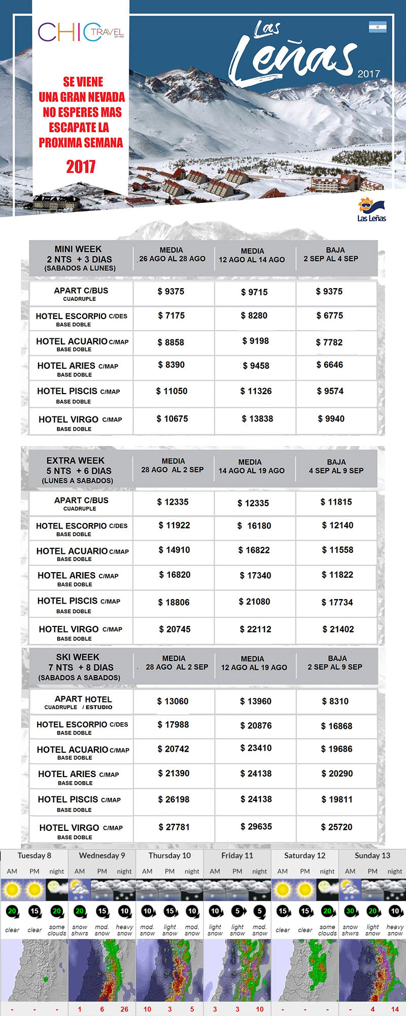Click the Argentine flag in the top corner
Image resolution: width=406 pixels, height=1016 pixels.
(x=378, y=27)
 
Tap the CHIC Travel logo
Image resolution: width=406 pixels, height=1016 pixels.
(x=81, y=32)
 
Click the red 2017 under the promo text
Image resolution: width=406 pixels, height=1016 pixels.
(x=81, y=166)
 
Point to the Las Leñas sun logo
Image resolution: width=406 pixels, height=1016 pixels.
(x=371, y=209)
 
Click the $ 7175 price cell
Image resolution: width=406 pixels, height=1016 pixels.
(x=172, y=316)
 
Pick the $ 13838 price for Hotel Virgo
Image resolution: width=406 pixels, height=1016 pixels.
(x=257, y=418)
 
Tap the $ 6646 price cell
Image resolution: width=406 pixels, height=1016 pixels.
(x=330, y=365)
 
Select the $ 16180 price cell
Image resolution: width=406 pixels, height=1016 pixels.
(x=255, y=525)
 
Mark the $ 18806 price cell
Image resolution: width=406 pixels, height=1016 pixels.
(x=174, y=602)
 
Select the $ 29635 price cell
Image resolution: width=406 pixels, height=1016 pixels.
(x=256, y=826)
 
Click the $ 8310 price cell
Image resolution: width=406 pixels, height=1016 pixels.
(x=335, y=701)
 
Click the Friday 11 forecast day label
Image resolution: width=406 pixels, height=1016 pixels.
(x=237, y=855)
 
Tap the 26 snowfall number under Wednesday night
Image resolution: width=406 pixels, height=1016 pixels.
(x=124, y=1009)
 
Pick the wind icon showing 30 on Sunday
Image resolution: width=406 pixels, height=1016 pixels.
(x=350, y=910)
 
